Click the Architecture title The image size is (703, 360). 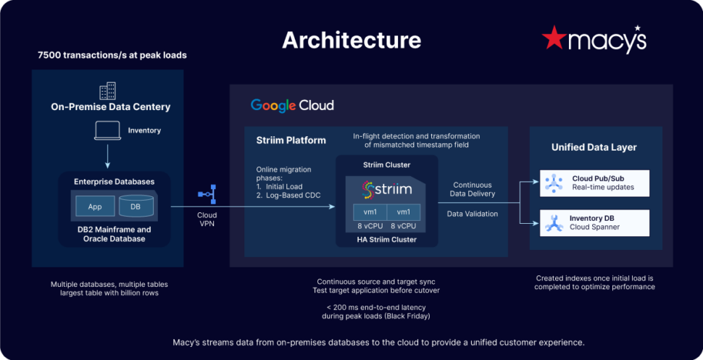[x=351, y=39]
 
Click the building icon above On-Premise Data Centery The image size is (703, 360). [x=107, y=91]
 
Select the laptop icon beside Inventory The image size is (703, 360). [x=107, y=130]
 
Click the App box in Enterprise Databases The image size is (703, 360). [x=94, y=206]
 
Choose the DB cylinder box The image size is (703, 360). [x=135, y=206]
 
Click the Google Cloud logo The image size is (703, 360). [x=292, y=105]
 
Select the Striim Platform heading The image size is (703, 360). [x=291, y=140]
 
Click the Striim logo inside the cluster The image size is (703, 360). [x=386, y=190]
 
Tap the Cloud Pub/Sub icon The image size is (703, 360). [x=554, y=183]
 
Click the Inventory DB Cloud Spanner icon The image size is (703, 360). [x=554, y=222]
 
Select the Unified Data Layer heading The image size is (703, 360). [x=594, y=147]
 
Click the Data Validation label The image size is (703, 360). [x=473, y=214]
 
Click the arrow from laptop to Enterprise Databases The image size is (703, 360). [x=107, y=154]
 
